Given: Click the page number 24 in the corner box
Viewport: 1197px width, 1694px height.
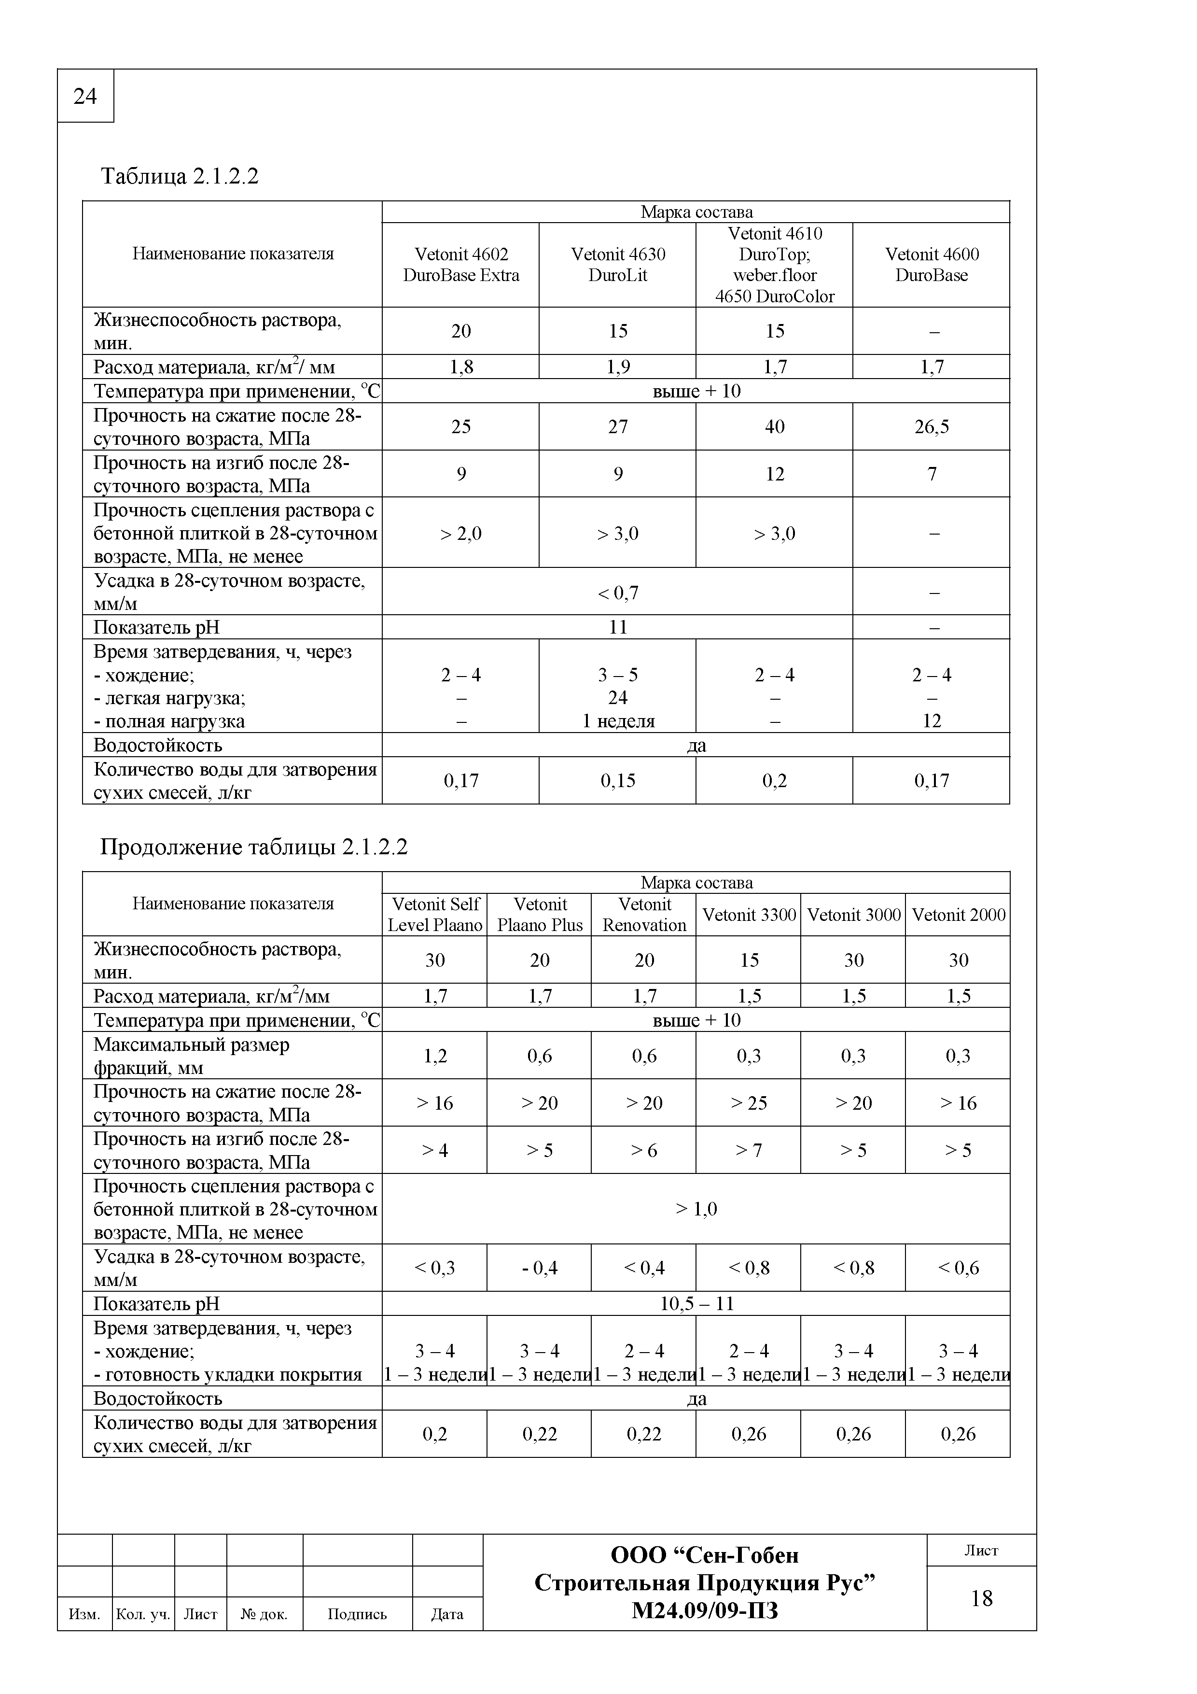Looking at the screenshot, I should click(x=85, y=97).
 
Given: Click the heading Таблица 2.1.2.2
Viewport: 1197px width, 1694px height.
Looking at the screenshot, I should click(x=179, y=176).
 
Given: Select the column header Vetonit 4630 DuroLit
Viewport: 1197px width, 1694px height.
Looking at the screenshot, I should click(x=617, y=265).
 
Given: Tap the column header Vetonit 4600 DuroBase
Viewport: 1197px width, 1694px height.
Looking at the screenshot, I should click(x=932, y=265).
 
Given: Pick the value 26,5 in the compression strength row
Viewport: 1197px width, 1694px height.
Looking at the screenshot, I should click(x=932, y=426).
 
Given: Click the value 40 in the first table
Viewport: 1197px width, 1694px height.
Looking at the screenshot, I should click(x=774, y=426).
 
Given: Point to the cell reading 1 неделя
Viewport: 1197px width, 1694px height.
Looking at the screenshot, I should click(x=618, y=721).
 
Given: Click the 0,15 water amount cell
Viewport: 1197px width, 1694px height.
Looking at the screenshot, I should click(x=617, y=780).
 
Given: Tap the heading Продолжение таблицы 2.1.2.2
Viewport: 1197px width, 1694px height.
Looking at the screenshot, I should click(x=254, y=847).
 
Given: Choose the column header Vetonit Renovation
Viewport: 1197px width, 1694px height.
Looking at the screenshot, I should click(x=644, y=915).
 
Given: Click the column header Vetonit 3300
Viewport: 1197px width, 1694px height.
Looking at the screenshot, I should click(x=749, y=915).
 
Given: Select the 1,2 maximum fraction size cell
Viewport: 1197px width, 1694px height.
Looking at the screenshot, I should click(x=435, y=1056).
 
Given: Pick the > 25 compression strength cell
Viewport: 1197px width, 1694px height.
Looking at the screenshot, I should click(x=749, y=1103).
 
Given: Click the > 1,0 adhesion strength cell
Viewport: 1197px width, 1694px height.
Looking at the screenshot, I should click(x=696, y=1209).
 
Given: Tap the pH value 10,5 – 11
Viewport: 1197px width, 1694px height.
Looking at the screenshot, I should click(x=696, y=1304).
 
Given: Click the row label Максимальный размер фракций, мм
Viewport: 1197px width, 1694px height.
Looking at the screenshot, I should click(x=192, y=1056).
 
